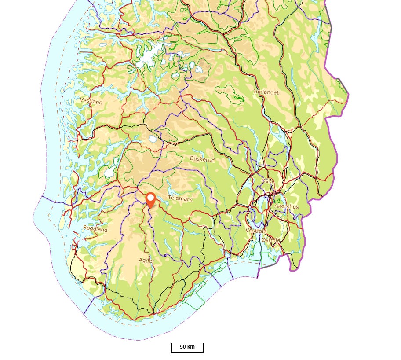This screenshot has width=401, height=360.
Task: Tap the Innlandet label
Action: (x=266, y=92)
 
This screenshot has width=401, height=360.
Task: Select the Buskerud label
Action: (x=202, y=159)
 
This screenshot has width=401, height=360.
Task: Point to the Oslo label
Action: (x=267, y=181)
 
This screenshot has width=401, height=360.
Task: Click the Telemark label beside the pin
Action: (x=180, y=199)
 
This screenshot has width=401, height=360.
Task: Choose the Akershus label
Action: (x=286, y=206)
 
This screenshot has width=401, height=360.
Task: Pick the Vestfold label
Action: (x=256, y=231)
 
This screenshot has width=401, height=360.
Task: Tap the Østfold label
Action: (x=270, y=240)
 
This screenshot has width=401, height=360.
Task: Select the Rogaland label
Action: (x=95, y=229)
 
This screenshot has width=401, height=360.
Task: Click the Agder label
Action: (x=146, y=261)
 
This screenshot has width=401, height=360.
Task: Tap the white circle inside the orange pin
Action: (x=151, y=197)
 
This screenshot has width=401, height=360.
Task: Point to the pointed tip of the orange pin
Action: (x=151, y=208)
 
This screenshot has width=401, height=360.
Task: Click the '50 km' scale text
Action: (x=187, y=347)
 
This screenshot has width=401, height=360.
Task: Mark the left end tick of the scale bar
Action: (x=171, y=348)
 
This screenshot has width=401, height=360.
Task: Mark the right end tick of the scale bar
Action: (x=203, y=348)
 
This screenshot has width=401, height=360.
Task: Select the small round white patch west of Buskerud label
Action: (x=153, y=139)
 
